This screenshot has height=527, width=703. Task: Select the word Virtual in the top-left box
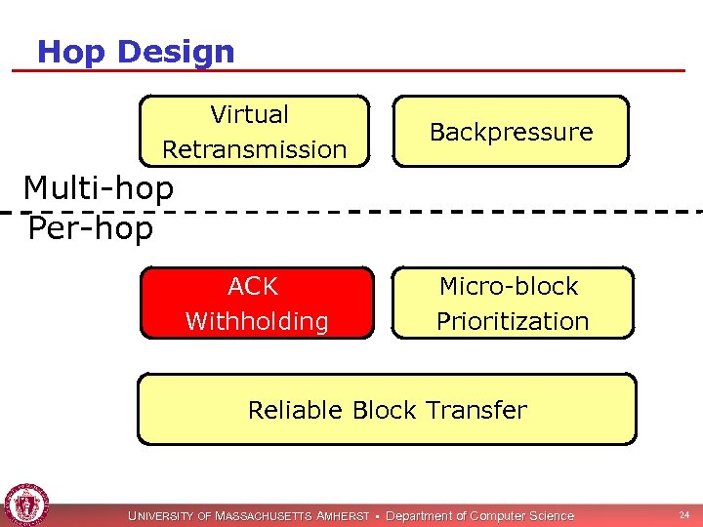pyautogui.click(x=250, y=114)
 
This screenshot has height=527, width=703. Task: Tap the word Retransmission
pyautogui.click(x=255, y=149)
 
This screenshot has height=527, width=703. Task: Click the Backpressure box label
pyautogui.click(x=511, y=132)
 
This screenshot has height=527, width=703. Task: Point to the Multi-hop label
pyautogui.click(x=98, y=187)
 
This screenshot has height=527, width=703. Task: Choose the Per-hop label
pyautogui.click(x=91, y=228)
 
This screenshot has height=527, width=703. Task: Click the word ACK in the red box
pyautogui.click(x=253, y=286)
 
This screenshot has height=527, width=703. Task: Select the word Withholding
pyautogui.click(x=257, y=321)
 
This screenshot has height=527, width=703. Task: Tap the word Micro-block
pyautogui.click(x=509, y=286)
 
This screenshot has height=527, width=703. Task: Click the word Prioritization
pyautogui.click(x=513, y=321)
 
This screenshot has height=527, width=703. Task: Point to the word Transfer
pyautogui.click(x=479, y=410)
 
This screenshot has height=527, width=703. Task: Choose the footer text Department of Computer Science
pyautogui.click(x=480, y=515)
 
